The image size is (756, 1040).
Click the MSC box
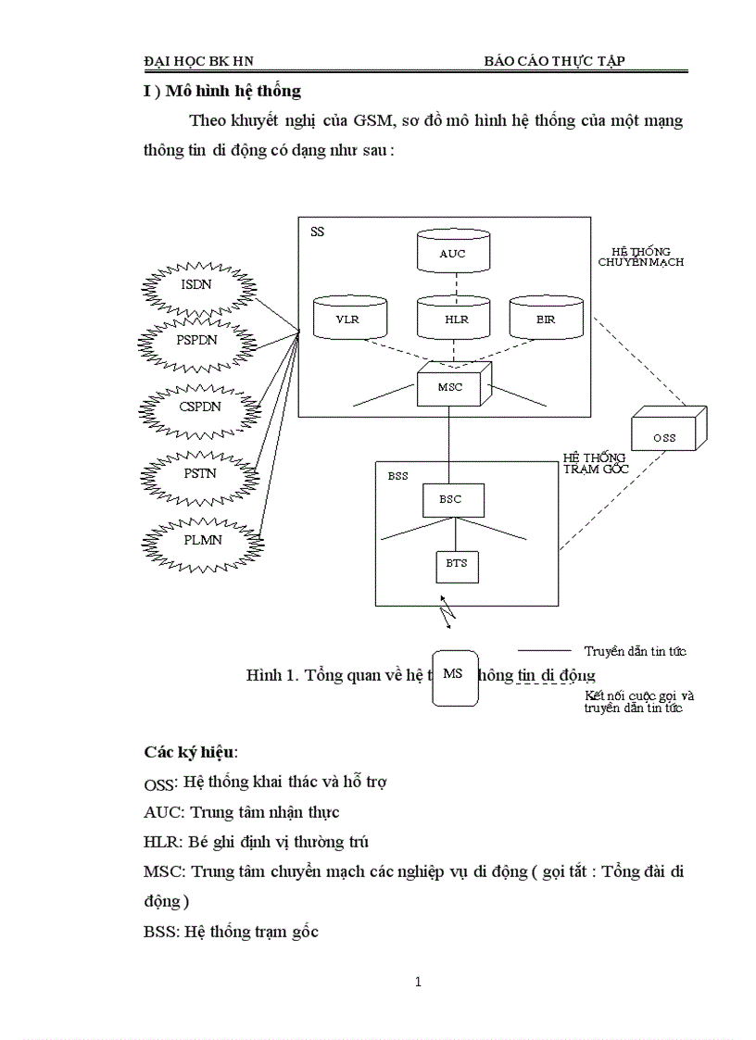(x=451, y=385)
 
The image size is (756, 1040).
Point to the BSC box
(x=449, y=500)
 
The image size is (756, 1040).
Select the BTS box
(x=457, y=565)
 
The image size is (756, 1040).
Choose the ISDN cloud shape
(x=197, y=285)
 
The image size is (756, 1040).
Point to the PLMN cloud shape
(x=201, y=540)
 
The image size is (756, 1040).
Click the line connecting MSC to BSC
(x=449, y=445)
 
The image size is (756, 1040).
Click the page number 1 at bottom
(x=419, y=983)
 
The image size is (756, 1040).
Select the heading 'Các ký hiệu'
(x=190, y=750)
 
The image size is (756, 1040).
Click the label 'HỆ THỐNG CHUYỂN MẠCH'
(x=640, y=257)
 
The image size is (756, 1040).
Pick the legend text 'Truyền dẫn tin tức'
(x=635, y=652)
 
